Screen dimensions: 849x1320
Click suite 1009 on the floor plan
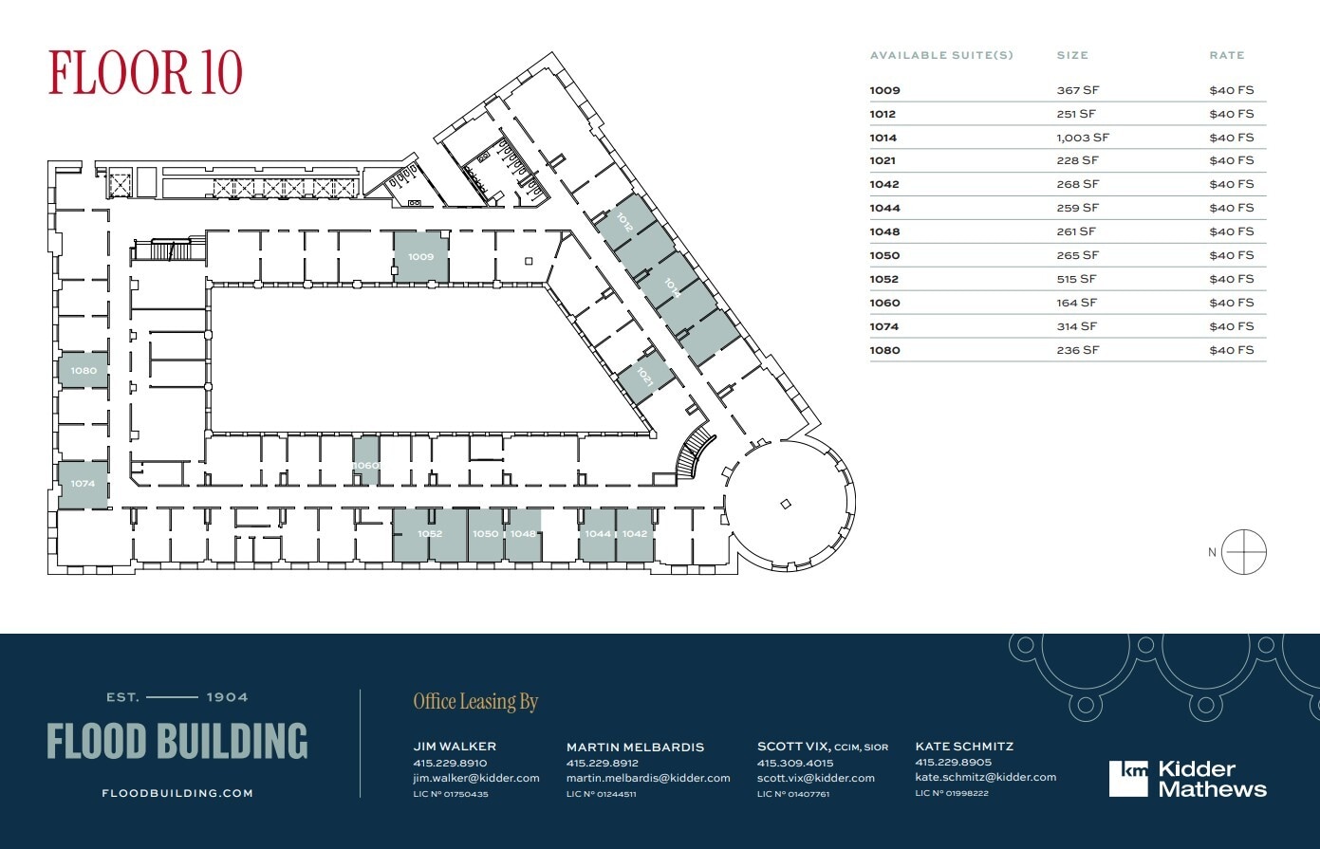tap(421, 256)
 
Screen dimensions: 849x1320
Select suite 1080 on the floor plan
tap(84, 370)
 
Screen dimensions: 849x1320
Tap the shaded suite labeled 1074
tap(83, 484)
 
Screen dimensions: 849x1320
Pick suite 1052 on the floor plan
tap(430, 534)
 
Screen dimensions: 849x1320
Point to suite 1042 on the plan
tap(635, 534)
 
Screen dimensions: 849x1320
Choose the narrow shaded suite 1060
tap(366, 462)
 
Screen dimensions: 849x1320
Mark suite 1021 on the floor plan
tap(645, 378)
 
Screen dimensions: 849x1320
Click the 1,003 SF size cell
tap(1083, 138)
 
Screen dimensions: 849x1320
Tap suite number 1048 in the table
tap(884, 231)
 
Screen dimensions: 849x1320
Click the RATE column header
tap(1226, 55)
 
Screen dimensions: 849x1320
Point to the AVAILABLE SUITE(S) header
tap(941, 55)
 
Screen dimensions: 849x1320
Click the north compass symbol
tap(1243, 552)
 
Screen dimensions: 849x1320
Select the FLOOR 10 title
tap(145, 73)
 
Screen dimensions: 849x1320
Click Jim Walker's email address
tap(476, 778)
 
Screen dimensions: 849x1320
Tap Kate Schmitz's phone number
tap(953, 762)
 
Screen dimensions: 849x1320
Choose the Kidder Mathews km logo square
tap(1128, 778)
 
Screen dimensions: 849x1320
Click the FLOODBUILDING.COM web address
tap(177, 793)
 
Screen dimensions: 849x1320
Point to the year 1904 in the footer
tap(228, 697)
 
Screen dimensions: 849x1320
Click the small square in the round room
tap(785, 504)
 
